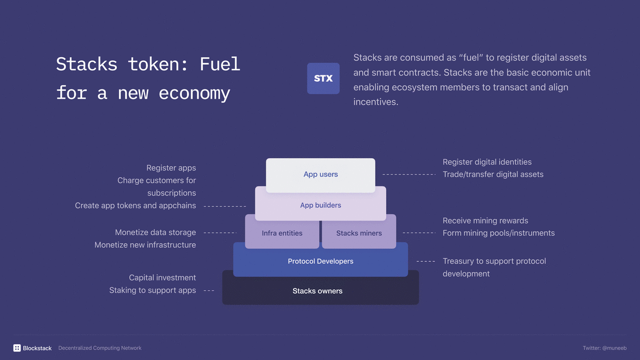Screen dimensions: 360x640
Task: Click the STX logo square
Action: [x=323, y=78]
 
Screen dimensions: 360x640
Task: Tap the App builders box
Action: [x=320, y=205]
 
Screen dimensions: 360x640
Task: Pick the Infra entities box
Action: [x=282, y=233]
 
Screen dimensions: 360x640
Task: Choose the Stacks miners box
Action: [x=359, y=233]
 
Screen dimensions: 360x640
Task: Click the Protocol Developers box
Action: [x=320, y=261]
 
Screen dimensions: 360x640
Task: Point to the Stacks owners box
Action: [x=317, y=291]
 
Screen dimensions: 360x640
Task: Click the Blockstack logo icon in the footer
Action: [x=17, y=348]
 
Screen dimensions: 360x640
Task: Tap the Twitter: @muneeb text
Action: [x=604, y=348]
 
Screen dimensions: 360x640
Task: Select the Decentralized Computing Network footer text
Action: [x=100, y=348]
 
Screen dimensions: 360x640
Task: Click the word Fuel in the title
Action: [x=220, y=64]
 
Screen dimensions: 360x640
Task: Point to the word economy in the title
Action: [x=194, y=93]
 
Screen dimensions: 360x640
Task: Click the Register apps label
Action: [x=171, y=168]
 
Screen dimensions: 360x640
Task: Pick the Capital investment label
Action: [x=163, y=278]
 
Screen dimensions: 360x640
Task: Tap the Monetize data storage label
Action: [x=155, y=232]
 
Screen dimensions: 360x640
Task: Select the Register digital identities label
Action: [x=487, y=162]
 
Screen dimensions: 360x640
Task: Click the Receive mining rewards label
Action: [x=485, y=221]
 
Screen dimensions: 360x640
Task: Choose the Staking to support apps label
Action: [x=152, y=290]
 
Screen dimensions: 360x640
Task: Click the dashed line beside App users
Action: [x=409, y=175]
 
